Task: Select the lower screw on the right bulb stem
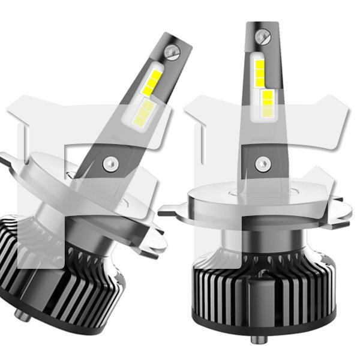pyautogui.click(x=260, y=163)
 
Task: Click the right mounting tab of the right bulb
pyautogui.click(x=339, y=209)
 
